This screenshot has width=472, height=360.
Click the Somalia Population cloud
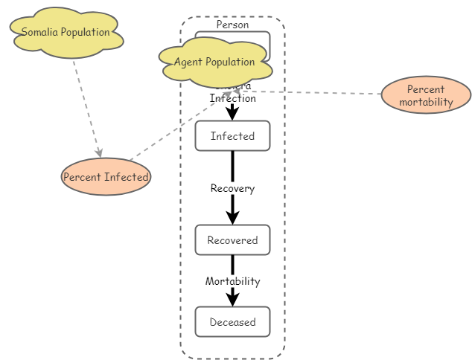[x=66, y=33]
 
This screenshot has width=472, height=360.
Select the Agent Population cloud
[x=214, y=62]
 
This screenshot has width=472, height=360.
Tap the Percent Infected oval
[x=106, y=177]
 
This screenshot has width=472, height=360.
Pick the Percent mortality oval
[x=426, y=95]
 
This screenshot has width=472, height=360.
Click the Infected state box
[x=232, y=136]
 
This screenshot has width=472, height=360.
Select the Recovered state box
[x=232, y=240]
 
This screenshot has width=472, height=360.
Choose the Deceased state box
[x=232, y=322]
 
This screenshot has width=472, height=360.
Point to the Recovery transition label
[x=232, y=188]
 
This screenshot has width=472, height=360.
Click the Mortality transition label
[x=232, y=281]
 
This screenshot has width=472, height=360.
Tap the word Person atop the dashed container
[x=232, y=25]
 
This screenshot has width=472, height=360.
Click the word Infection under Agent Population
[x=232, y=98]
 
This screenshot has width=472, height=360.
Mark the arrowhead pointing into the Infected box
[x=232, y=114]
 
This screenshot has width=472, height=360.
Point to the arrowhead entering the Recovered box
[x=232, y=218]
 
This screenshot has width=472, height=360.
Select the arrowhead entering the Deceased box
[x=232, y=299]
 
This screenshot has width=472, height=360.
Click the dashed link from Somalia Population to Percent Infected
[x=85, y=104]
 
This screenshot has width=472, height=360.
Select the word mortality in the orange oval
[x=426, y=102]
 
